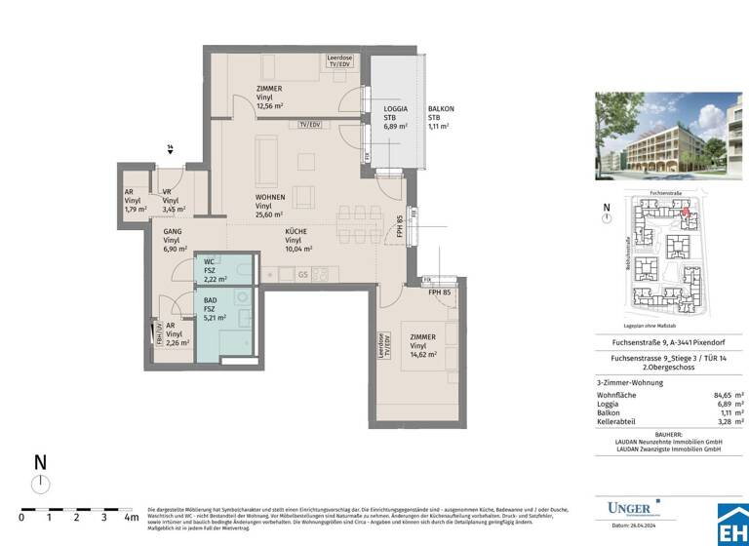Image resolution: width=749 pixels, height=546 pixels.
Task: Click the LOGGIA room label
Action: (395, 117)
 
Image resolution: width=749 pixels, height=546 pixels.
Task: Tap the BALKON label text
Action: (441, 117)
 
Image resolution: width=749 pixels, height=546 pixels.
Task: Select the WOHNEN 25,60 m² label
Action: (269, 206)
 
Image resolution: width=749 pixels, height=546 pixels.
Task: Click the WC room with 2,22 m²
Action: (216, 270)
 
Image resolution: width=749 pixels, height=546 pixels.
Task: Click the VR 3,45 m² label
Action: (173, 201)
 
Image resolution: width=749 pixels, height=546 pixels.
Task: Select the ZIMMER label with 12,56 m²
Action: (269, 97)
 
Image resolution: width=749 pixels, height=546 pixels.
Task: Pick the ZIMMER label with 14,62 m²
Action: (423, 346)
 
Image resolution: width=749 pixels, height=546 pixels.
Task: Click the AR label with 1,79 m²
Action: (135, 201)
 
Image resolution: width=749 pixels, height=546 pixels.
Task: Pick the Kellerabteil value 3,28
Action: (722, 423)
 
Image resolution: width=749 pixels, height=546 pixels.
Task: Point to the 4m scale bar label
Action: (131, 517)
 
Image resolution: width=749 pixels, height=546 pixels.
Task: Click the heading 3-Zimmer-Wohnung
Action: (629, 382)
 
